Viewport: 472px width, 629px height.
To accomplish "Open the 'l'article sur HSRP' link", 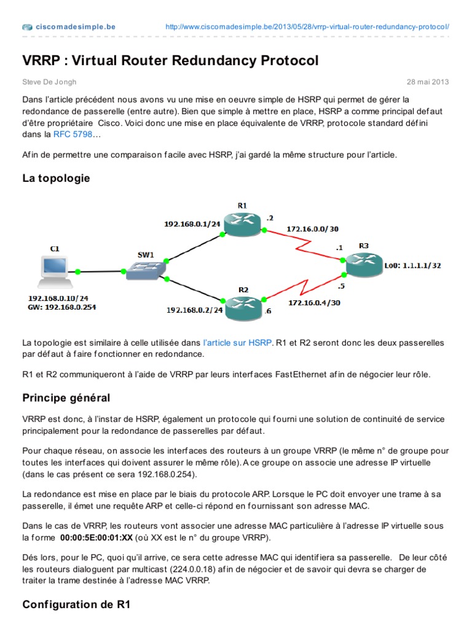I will (x=237, y=343).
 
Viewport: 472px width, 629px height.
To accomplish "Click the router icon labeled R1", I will (x=242, y=225).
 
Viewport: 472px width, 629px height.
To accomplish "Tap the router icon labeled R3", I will (x=363, y=265).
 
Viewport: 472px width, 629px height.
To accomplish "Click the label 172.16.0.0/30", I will (x=312, y=229).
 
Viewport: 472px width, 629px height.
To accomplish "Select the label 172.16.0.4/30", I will (x=313, y=302).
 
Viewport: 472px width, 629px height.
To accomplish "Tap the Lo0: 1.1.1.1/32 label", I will (x=412, y=266).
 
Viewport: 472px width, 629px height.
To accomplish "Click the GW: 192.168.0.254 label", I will (x=62, y=306).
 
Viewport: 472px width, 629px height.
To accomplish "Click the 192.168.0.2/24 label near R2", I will (x=195, y=311).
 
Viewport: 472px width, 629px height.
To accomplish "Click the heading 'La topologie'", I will (x=56, y=178).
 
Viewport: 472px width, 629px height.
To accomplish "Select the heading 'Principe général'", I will (x=66, y=397).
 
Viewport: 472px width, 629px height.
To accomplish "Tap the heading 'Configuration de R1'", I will (x=76, y=604).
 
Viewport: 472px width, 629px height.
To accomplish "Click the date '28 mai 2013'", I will (x=428, y=82).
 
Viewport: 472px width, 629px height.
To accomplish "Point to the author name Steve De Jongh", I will (x=49, y=82).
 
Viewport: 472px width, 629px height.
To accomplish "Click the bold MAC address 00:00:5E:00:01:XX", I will (x=96, y=537).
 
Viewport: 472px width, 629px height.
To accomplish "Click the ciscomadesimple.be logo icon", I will (x=28, y=27).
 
